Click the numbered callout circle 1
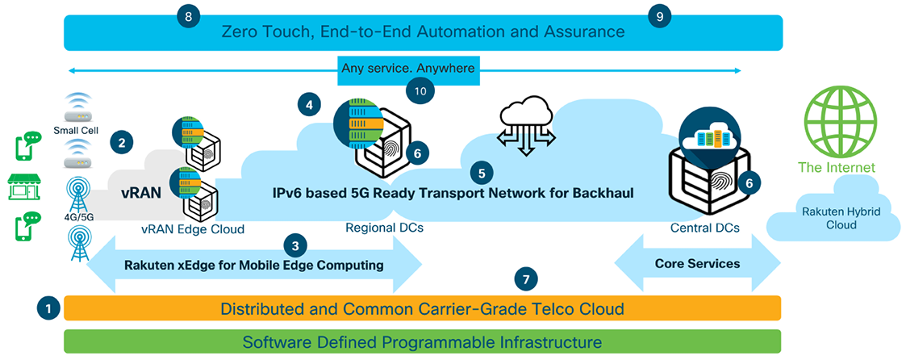click(x=48, y=308)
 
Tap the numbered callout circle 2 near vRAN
click(x=122, y=144)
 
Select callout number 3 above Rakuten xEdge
click(x=296, y=245)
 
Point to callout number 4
click(x=308, y=103)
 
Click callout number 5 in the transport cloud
click(x=482, y=172)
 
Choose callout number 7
click(x=526, y=280)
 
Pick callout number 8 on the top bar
click(x=189, y=16)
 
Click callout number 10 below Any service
click(x=420, y=91)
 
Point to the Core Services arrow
click(x=697, y=264)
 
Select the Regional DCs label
click(x=384, y=228)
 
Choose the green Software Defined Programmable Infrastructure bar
click(x=422, y=342)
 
